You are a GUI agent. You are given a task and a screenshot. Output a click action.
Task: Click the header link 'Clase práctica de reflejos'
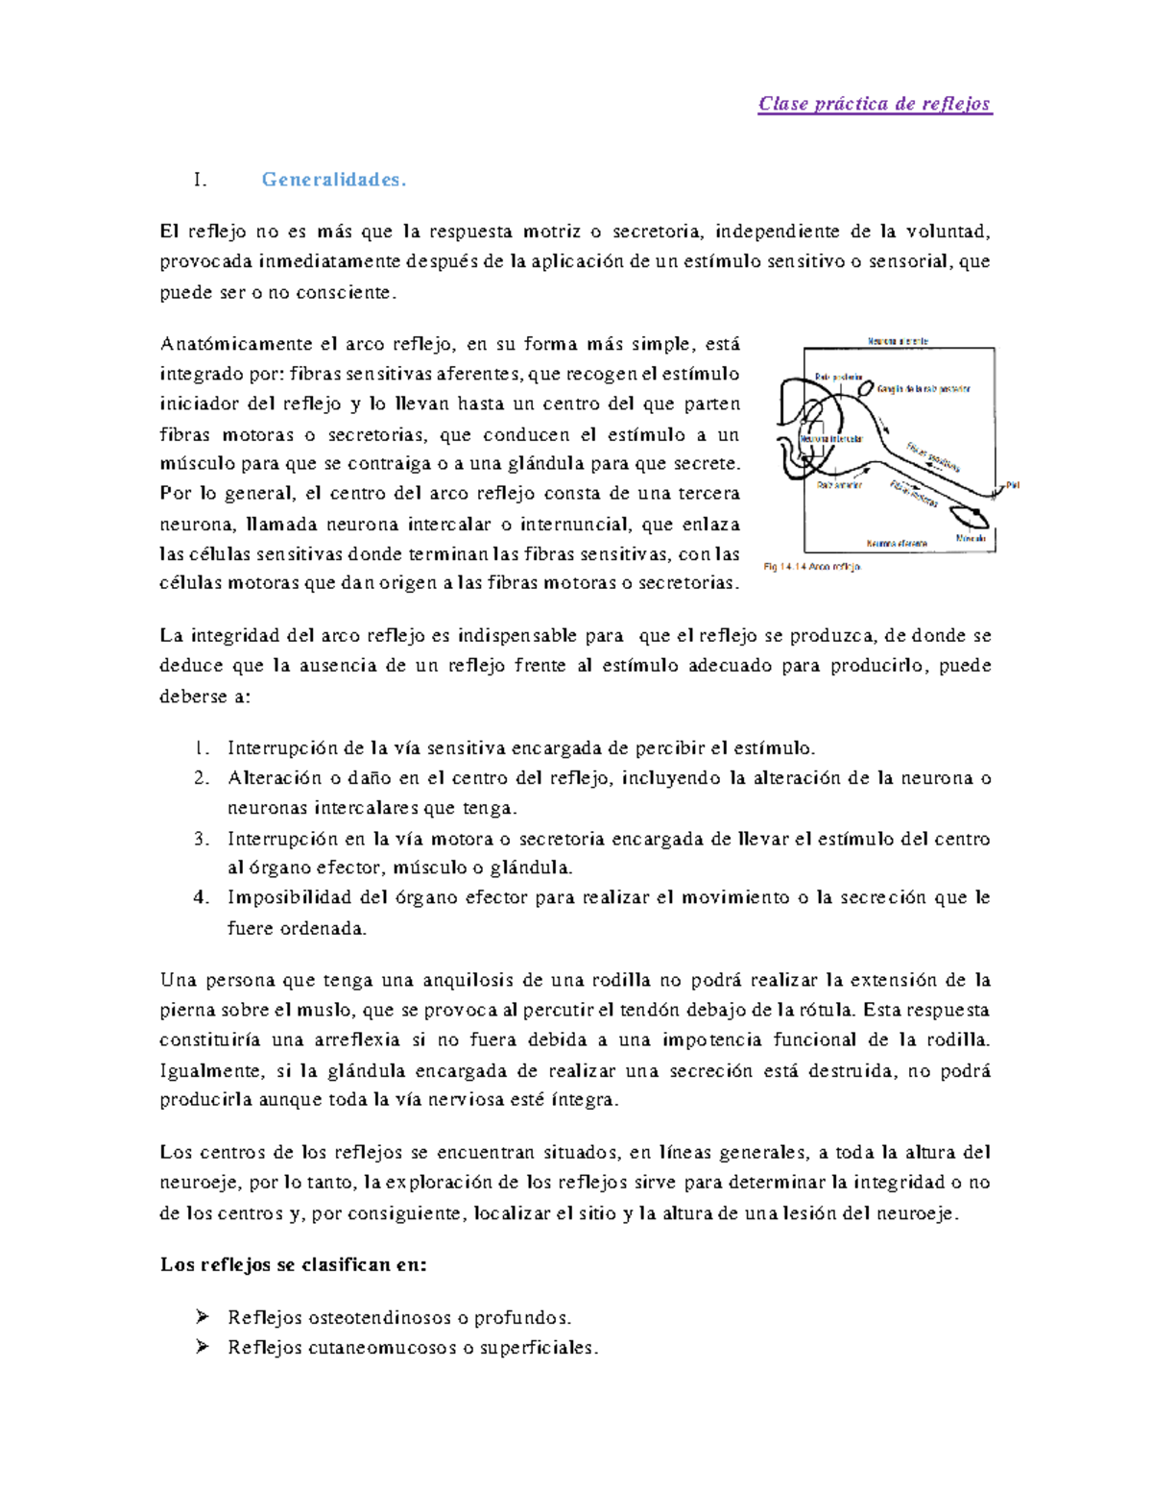coord(874,104)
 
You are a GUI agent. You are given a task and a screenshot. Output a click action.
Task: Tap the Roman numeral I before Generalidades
coord(200,180)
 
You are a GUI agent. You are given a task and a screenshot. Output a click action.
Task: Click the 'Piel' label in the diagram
coord(1012,485)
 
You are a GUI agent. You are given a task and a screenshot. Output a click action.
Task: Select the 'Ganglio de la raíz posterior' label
coord(924,389)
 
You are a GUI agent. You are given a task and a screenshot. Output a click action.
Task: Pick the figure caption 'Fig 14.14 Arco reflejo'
coord(812,567)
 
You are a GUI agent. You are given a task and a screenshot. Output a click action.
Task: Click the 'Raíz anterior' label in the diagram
coord(839,485)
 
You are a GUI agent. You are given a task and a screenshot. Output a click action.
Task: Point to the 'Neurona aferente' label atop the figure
coord(897,341)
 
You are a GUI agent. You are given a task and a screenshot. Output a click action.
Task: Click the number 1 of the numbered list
coord(200,748)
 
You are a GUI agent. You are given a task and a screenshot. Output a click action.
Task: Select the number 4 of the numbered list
coord(200,897)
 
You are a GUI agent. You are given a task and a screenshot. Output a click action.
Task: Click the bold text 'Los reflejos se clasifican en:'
coord(293,1264)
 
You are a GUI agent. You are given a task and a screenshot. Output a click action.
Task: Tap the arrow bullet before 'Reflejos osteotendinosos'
coord(202,1316)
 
